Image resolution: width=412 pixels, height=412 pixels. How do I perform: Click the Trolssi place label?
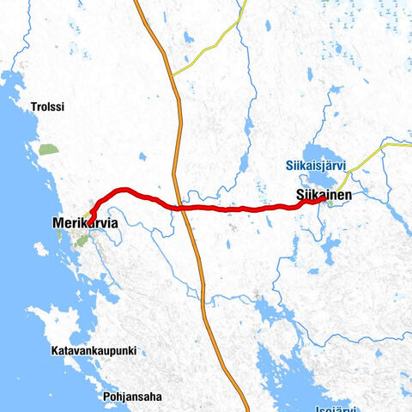point(47,108)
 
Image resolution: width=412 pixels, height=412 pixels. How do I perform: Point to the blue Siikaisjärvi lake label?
point(314,165)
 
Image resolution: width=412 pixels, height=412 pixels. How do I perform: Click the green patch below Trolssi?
point(48,149)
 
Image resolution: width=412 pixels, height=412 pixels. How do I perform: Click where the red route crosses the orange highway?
point(181,207)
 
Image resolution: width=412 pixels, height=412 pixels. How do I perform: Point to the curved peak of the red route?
point(124,190)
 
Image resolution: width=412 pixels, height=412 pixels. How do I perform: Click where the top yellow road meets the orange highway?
point(172,76)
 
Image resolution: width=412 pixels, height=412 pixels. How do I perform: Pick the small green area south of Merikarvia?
point(82,241)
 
